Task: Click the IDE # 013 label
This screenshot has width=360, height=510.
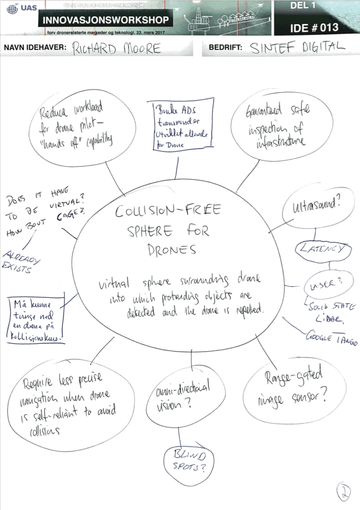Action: (x=314, y=27)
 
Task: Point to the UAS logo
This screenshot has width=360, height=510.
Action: (x=19, y=9)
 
